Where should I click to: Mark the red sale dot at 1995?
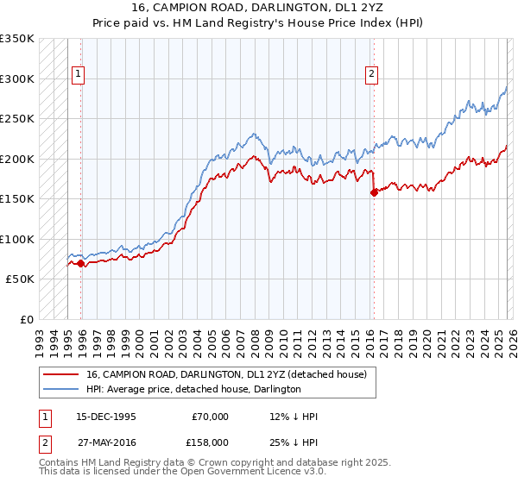[81, 263]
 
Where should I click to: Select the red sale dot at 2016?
[374, 193]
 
